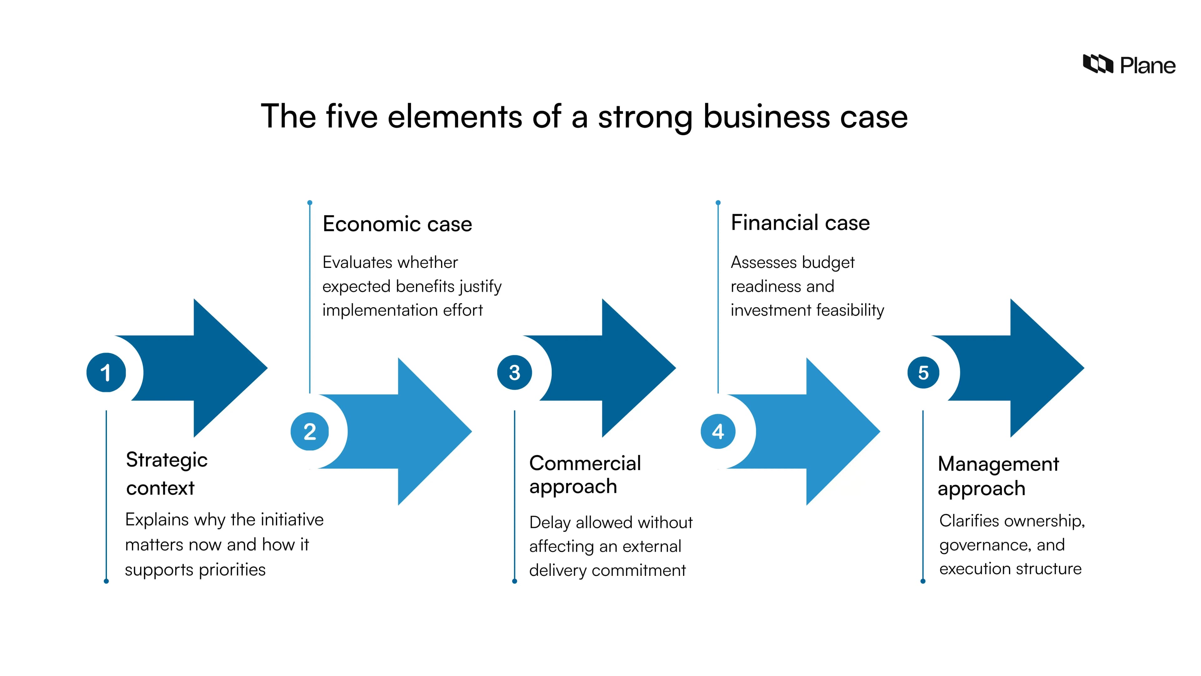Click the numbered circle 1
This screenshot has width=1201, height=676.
coord(106,372)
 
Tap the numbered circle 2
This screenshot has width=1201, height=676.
coord(310,432)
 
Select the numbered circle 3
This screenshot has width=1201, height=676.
coord(515,372)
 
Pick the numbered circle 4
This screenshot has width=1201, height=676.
coord(718,432)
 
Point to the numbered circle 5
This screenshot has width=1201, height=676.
coord(923,372)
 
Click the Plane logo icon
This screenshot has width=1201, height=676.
coord(1097,64)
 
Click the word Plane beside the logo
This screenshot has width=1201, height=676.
coord(1148,66)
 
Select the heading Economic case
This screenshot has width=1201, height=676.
coord(397,224)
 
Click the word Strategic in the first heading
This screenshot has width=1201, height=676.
coord(166,460)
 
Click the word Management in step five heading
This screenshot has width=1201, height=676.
coord(998,464)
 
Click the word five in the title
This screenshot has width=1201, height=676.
coord(352,117)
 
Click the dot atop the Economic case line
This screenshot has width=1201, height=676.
coord(310,203)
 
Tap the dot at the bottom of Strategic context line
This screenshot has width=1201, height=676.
coord(106,581)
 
